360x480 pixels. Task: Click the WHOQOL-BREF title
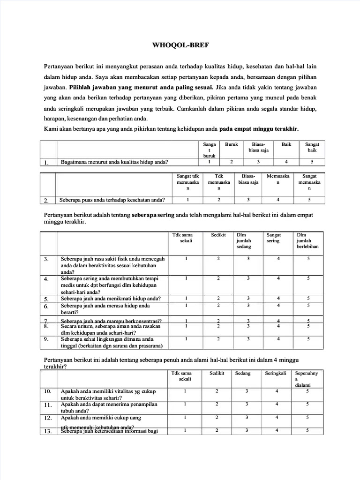tap(180, 45)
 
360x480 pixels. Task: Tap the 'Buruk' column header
tap(232, 144)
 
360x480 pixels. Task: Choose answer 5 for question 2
tap(309, 200)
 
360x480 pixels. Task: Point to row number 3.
tap(46, 259)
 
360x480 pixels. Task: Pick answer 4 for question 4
tap(278, 278)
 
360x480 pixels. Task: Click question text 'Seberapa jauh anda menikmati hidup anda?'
tap(111, 299)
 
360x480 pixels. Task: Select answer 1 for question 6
tap(186, 306)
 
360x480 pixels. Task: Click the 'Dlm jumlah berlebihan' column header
tap(308, 240)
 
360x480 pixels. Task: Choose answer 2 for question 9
tap(218, 338)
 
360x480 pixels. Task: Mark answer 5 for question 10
tap(307, 391)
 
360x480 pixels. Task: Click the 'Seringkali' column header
tap(277, 374)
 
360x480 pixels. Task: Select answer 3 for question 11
tap(247, 404)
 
